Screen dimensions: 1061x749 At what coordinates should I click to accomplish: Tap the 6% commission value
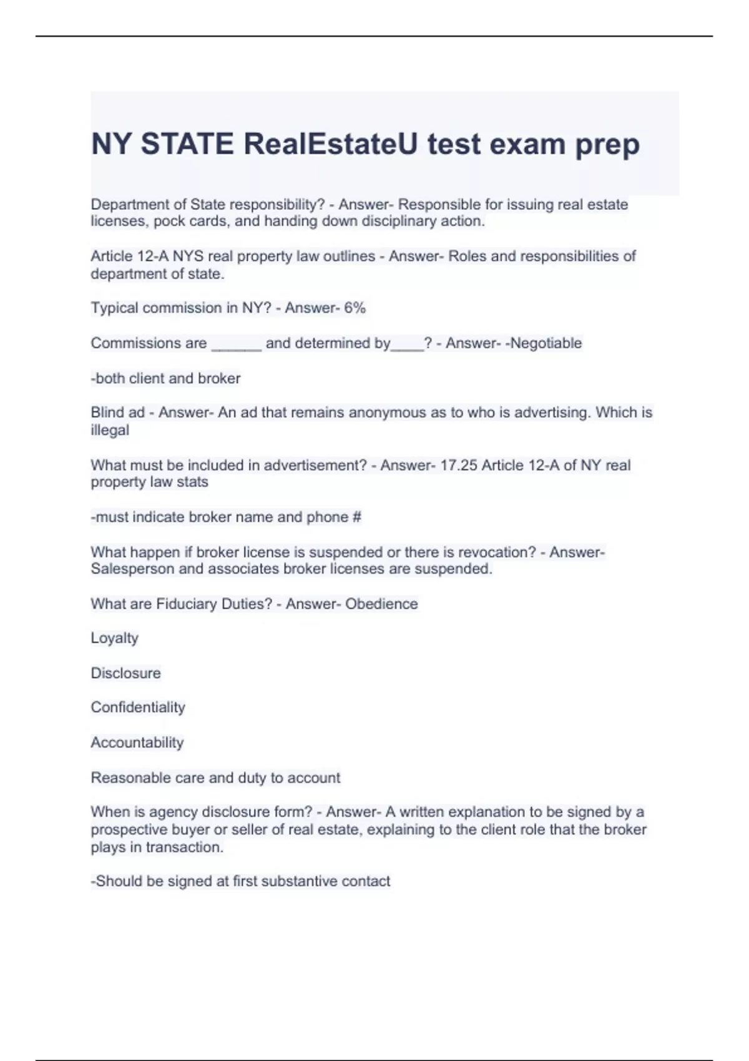tap(355, 308)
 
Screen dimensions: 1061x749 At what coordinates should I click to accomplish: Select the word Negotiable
tap(546, 343)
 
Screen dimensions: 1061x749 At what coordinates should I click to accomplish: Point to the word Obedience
tap(381, 604)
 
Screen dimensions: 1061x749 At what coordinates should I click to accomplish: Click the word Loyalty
tap(114, 638)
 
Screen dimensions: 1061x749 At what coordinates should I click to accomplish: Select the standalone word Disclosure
tap(125, 673)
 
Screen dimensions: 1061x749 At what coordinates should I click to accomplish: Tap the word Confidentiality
tap(138, 708)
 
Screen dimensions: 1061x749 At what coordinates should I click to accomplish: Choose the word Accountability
tap(137, 743)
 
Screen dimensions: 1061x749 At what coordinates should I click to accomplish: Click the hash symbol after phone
tap(357, 517)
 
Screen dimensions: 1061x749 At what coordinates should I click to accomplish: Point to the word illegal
tap(110, 430)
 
